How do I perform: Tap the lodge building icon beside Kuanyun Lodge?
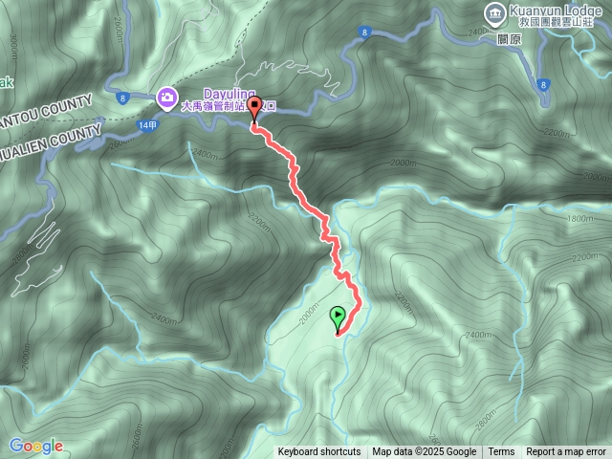click(494, 13)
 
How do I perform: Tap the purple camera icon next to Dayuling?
click(166, 96)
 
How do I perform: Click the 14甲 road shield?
click(146, 125)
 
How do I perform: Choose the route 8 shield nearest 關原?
click(542, 84)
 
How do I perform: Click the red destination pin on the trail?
click(254, 108)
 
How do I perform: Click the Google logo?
click(36, 446)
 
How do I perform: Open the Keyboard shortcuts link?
click(319, 452)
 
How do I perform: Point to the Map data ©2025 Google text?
click(424, 452)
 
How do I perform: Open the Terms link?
click(501, 452)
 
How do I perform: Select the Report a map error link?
click(566, 452)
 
